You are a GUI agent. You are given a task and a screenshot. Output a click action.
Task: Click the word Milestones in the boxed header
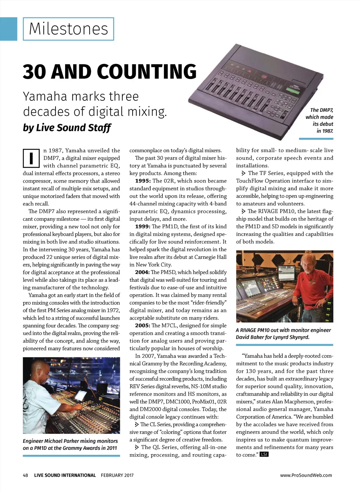point(69,28)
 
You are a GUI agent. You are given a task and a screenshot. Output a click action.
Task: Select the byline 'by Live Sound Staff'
point(67,127)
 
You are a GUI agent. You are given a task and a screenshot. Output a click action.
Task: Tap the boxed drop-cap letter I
point(31,158)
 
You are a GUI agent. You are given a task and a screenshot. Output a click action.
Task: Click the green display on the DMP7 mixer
point(292,90)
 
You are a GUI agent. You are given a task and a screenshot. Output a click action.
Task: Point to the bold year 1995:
point(143,181)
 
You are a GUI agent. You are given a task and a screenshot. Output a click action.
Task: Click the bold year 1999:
point(143,227)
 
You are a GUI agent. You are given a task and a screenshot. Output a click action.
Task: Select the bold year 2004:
point(143,272)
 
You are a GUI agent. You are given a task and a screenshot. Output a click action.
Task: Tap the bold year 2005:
point(143,326)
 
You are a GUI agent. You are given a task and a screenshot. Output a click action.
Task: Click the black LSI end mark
point(264,454)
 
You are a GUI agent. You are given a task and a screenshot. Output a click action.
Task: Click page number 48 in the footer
point(25,475)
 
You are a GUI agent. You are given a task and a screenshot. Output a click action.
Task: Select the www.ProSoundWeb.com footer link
point(306,475)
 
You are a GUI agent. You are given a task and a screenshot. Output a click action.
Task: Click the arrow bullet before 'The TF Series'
point(243,173)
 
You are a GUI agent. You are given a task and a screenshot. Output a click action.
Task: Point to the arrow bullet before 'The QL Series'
point(137,447)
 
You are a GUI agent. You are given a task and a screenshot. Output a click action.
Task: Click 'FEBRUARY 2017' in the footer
point(117,475)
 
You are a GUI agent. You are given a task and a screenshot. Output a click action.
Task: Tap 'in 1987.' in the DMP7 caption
point(324,131)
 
